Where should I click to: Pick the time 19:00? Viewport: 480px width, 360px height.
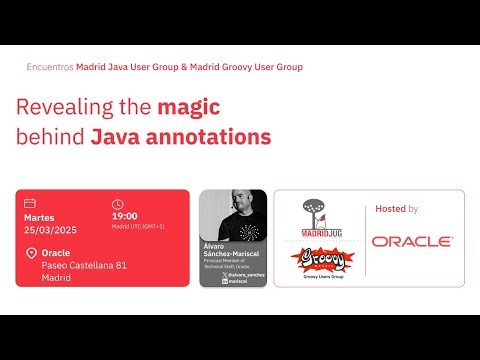click(x=124, y=215)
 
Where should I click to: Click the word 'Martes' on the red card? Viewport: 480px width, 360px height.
click(x=39, y=216)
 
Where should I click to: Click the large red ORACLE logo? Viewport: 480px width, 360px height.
click(x=412, y=241)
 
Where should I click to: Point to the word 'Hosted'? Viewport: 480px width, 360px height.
click(x=390, y=209)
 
